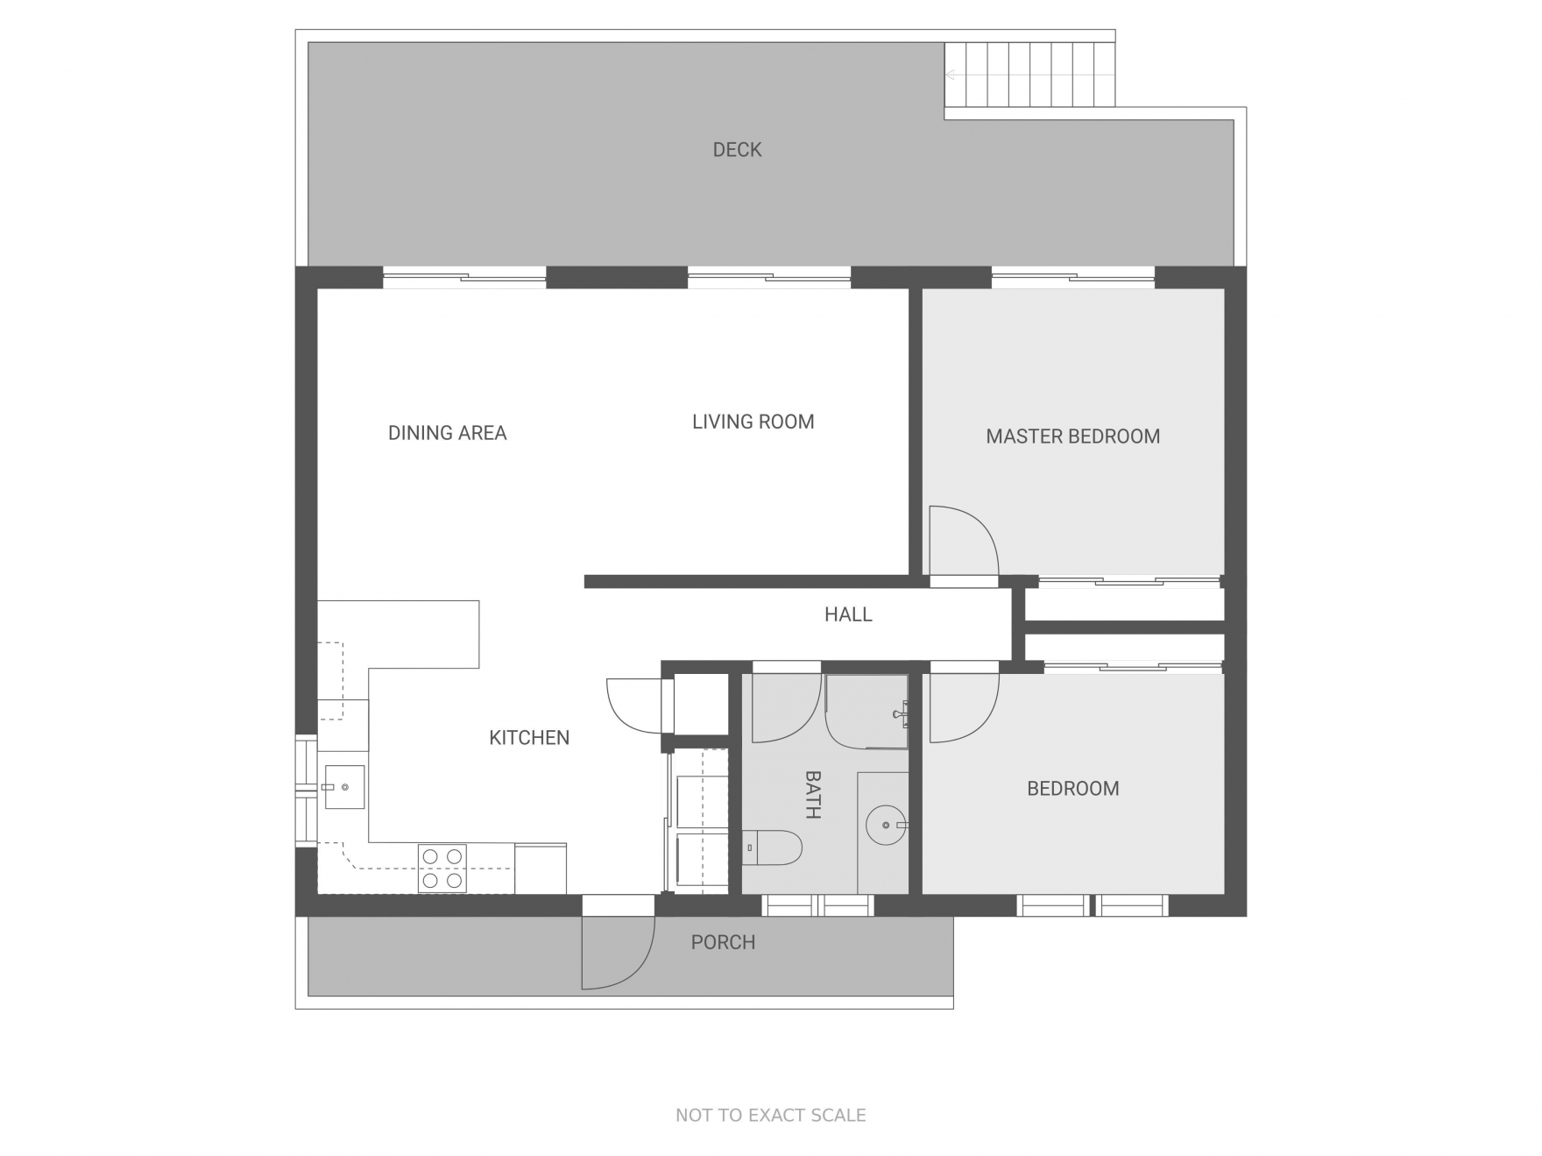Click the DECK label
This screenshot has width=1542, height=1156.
[x=737, y=150]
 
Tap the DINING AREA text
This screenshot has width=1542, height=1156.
[x=447, y=433]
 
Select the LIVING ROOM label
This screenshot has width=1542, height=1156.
[x=753, y=422]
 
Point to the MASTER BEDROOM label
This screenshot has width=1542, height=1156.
[x=1072, y=436]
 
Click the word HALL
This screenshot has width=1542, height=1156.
[x=848, y=614]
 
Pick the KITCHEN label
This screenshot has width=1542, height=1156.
[x=529, y=738]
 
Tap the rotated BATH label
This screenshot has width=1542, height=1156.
[x=812, y=794]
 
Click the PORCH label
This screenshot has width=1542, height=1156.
[x=723, y=942]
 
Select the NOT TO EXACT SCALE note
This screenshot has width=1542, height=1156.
[x=771, y=1115]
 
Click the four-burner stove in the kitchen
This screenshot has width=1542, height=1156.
[x=442, y=868]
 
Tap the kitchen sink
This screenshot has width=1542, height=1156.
[x=343, y=787]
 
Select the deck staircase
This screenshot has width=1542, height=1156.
[x=1029, y=74]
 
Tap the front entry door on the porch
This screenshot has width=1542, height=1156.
[x=618, y=953]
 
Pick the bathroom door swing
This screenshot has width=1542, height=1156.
[x=787, y=708]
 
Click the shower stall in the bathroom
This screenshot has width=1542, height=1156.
[x=866, y=712]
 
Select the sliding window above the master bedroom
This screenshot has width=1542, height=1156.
[x=1073, y=278]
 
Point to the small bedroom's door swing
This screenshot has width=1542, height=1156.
[x=964, y=708]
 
